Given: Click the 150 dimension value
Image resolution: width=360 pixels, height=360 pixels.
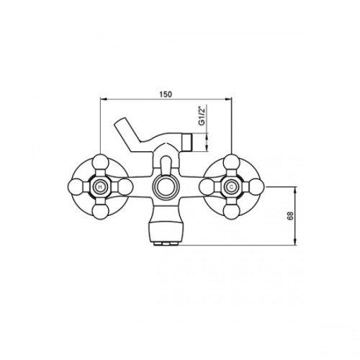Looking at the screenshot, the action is coord(166,94).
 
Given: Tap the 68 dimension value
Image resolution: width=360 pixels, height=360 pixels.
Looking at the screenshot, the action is coord(290,216).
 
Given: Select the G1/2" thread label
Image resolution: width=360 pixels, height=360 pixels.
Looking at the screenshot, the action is coord(202,115).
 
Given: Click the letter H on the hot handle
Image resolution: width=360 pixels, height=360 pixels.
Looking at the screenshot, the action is coord(100,186).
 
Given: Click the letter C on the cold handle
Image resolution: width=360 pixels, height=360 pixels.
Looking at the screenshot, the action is coord(231,186).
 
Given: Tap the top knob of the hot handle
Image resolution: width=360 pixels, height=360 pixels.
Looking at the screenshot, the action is coord(101,162).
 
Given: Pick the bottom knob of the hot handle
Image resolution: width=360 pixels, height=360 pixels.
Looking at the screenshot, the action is coord(101,212).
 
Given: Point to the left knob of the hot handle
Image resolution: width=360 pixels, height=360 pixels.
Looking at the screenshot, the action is coord(76,186).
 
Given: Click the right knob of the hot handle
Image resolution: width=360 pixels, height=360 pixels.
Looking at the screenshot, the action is coord(125,186).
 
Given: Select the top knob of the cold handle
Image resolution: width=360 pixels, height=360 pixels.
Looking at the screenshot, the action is coord(231,162).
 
